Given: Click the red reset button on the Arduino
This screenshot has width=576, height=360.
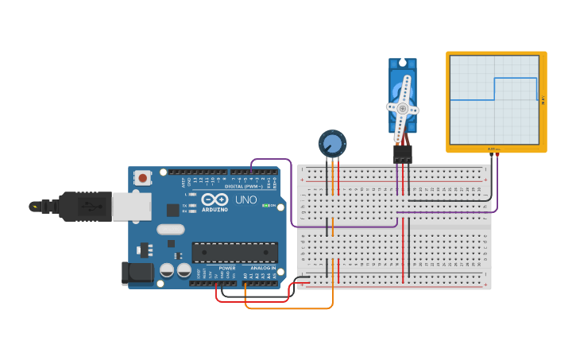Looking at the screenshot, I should pyautogui.click(x=143, y=177).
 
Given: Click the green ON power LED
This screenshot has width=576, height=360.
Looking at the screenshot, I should pyautogui.click(x=266, y=206).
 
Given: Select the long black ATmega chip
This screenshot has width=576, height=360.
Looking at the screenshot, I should pyautogui.click(x=235, y=252).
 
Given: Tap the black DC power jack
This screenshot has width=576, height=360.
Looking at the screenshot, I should pyautogui.click(x=136, y=273).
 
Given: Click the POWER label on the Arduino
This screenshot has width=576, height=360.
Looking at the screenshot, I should pyautogui.click(x=227, y=268).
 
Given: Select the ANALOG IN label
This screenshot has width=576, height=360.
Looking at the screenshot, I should pyautogui.click(x=262, y=268).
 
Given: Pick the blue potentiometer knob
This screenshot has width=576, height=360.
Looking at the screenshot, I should pyautogui.click(x=333, y=144).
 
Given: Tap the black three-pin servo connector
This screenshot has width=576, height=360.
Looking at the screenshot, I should pyautogui.click(x=402, y=153).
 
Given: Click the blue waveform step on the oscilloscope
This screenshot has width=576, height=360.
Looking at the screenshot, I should pyautogui.click(x=494, y=88).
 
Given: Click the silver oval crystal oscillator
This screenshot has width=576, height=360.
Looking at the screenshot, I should pyautogui.click(x=170, y=230).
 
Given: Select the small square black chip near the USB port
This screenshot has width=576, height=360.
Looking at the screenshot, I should pyautogui.click(x=172, y=210).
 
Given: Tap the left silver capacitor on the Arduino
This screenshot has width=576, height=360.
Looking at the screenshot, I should pyautogui.click(x=167, y=270).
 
